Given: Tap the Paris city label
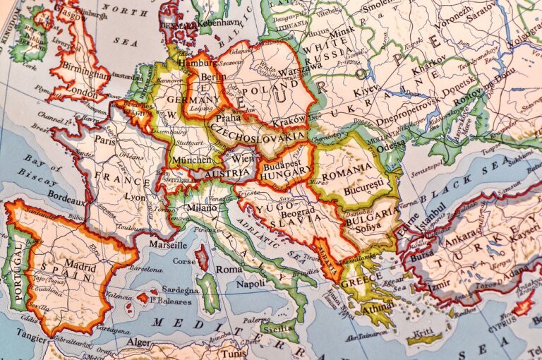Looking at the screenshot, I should [105, 140].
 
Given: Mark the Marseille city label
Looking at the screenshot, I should [168, 245].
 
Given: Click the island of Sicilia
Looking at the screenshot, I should [278, 328].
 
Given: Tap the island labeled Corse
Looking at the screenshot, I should [185, 260].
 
